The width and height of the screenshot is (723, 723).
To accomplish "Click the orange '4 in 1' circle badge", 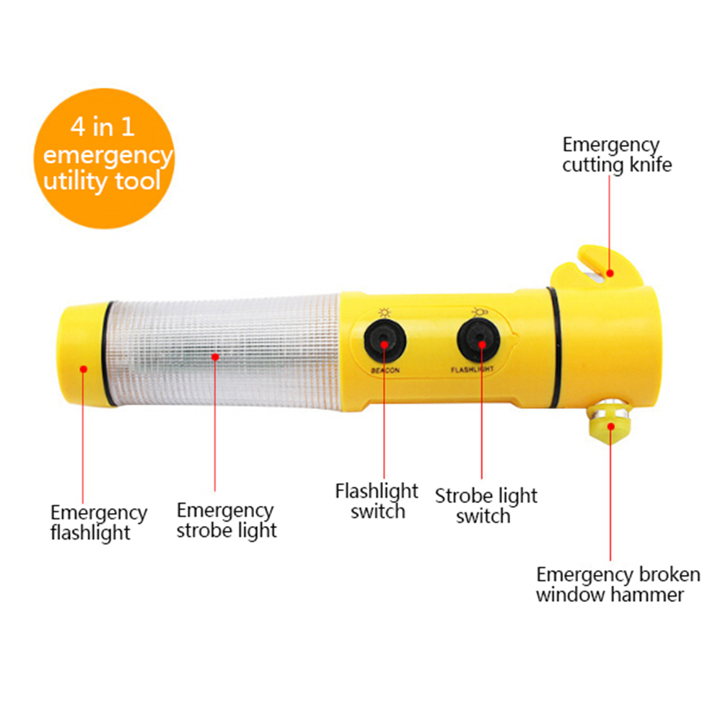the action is click(x=104, y=158).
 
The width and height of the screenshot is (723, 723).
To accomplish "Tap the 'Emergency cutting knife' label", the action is click(x=616, y=155).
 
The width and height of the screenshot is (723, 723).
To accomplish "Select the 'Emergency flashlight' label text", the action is click(x=99, y=522).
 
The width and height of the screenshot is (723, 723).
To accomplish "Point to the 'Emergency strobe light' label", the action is click(x=227, y=520).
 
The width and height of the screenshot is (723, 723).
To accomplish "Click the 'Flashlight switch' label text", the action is click(x=377, y=501).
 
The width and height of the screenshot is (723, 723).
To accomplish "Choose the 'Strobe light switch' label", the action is click(x=486, y=506).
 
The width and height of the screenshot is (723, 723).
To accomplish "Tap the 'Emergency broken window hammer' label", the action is click(x=618, y=584).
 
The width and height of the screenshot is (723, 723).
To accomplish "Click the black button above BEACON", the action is click(x=385, y=342).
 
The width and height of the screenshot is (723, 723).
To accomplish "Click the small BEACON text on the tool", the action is click(x=385, y=370).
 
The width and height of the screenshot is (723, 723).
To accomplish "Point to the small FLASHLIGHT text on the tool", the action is click(x=472, y=369).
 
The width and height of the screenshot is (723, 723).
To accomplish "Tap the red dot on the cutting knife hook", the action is click(x=610, y=273).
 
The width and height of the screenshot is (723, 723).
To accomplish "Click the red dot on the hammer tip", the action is click(x=611, y=426).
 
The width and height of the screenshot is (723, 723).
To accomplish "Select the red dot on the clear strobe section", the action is click(x=215, y=357).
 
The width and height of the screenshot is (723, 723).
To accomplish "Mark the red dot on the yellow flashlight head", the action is click(x=84, y=369).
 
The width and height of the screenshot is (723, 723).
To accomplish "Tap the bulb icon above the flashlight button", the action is click(x=480, y=312).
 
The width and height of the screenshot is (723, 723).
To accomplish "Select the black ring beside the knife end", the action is click(x=555, y=347).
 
